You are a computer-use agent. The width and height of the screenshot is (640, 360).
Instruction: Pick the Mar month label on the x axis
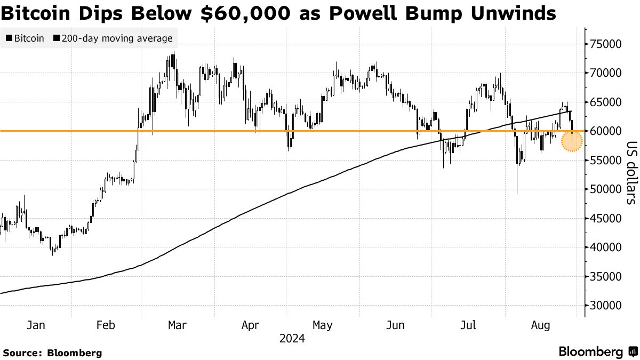pos(177,325)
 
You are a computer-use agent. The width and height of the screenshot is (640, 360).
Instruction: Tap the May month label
pos(323,325)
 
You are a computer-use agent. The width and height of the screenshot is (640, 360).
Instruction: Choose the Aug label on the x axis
pos(541,325)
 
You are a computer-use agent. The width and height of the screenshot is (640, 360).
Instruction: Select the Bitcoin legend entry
pos(26,38)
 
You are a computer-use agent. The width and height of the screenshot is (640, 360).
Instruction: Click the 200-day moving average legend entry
pos(113,38)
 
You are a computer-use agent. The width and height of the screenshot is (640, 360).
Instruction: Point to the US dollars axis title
pos(631,173)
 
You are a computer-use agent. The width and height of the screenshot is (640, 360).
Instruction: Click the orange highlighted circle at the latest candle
pos(572,141)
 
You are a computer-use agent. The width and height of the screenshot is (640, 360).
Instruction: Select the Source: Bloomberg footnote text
pos(52,353)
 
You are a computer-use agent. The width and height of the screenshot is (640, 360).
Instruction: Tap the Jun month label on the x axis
pos(395,325)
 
